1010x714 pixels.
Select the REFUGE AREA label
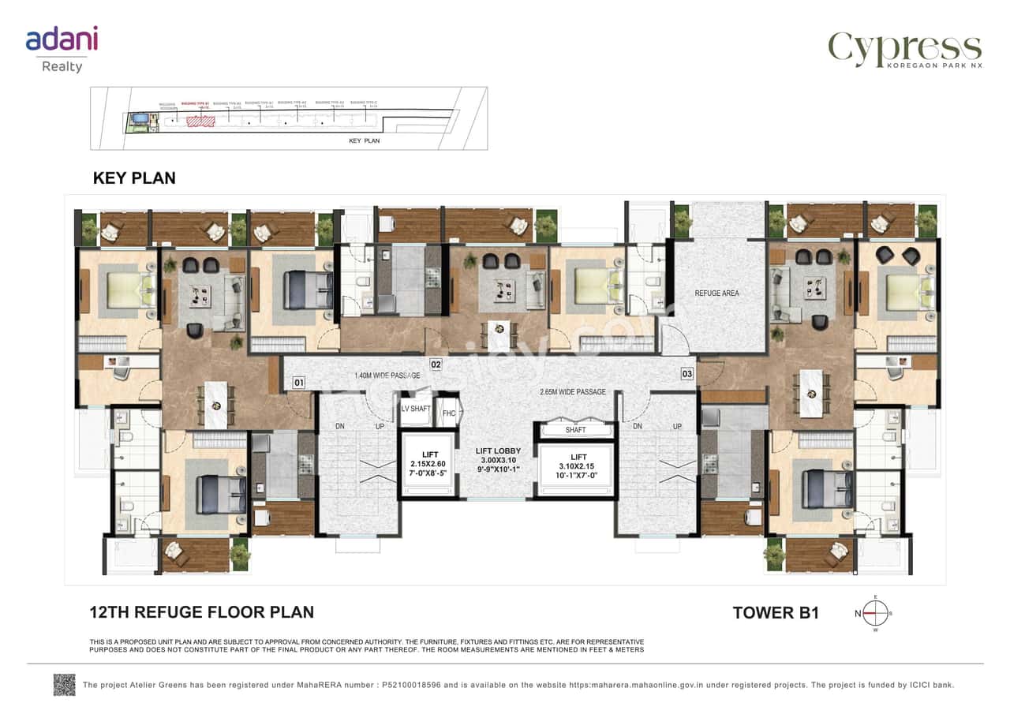point(716,293)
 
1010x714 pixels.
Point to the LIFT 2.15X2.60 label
point(429,462)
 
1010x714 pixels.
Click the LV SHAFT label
point(415,409)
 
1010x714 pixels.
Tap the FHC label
point(448,413)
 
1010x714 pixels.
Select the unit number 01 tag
point(298,383)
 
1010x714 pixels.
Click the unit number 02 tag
point(435,364)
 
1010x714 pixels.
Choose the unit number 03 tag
point(687,373)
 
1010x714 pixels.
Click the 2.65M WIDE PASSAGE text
point(572,392)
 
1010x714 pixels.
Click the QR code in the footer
point(64,684)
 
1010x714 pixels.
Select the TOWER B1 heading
point(775,613)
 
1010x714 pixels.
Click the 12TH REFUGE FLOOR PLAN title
point(201,612)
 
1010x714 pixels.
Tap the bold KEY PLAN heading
point(134,178)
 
